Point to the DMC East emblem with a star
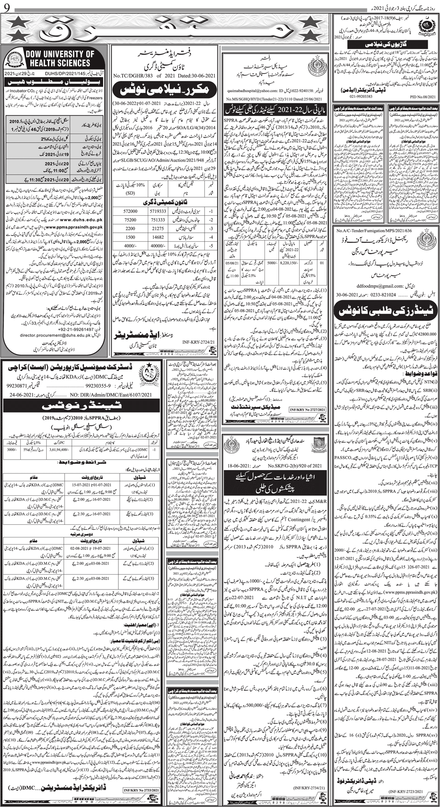click(152, 372)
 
